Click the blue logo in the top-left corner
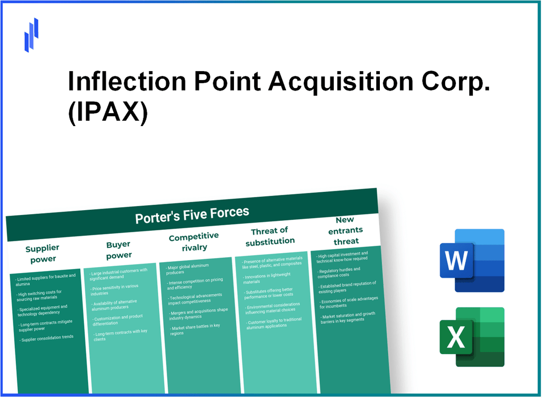[x=31, y=35]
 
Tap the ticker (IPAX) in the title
[x=107, y=114]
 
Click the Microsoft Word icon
[x=471, y=261]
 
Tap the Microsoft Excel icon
[x=471, y=337]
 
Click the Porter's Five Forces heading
[x=192, y=214]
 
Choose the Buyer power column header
[x=119, y=250]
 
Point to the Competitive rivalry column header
[x=193, y=241]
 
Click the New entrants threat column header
[x=346, y=230]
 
